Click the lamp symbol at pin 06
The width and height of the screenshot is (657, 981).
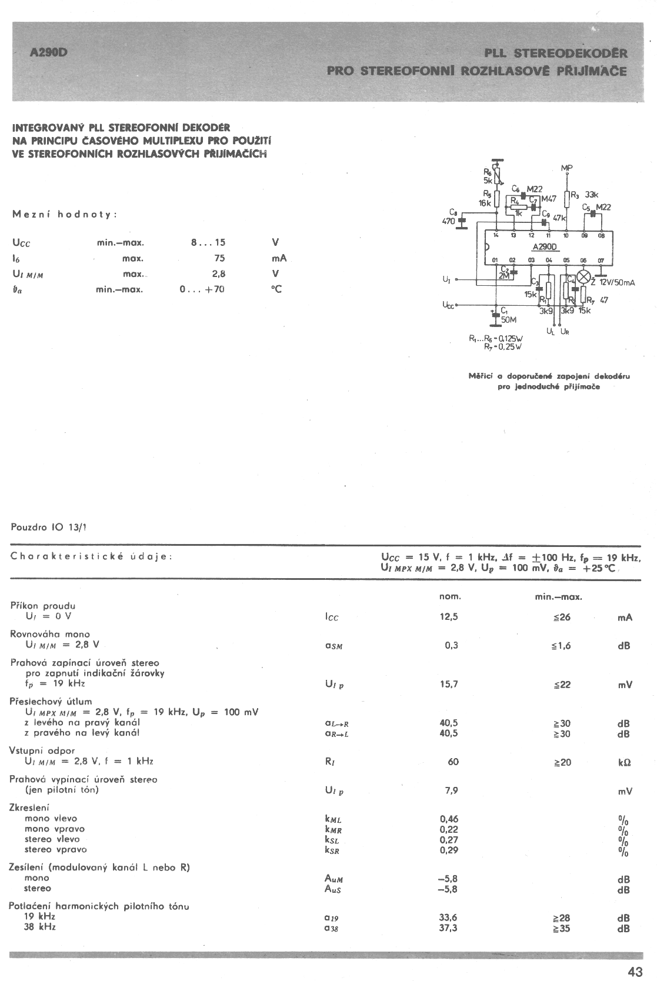click(x=584, y=277)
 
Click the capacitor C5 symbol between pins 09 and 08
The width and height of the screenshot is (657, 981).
click(x=592, y=215)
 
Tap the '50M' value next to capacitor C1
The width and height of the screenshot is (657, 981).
click(x=508, y=320)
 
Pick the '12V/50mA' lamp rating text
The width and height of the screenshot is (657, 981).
click(x=613, y=283)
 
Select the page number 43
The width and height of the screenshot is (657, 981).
click(x=635, y=972)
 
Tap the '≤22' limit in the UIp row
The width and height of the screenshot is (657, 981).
click(x=561, y=685)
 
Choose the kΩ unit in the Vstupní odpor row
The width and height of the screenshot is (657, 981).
click(x=624, y=763)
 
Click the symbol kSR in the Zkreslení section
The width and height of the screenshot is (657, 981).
click(x=332, y=850)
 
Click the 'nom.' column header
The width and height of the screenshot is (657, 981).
click(x=450, y=596)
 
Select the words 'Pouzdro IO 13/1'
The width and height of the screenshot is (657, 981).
click(x=48, y=527)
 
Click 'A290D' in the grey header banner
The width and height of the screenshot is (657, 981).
click(x=49, y=52)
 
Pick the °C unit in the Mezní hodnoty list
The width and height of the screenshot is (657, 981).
click(x=276, y=289)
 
